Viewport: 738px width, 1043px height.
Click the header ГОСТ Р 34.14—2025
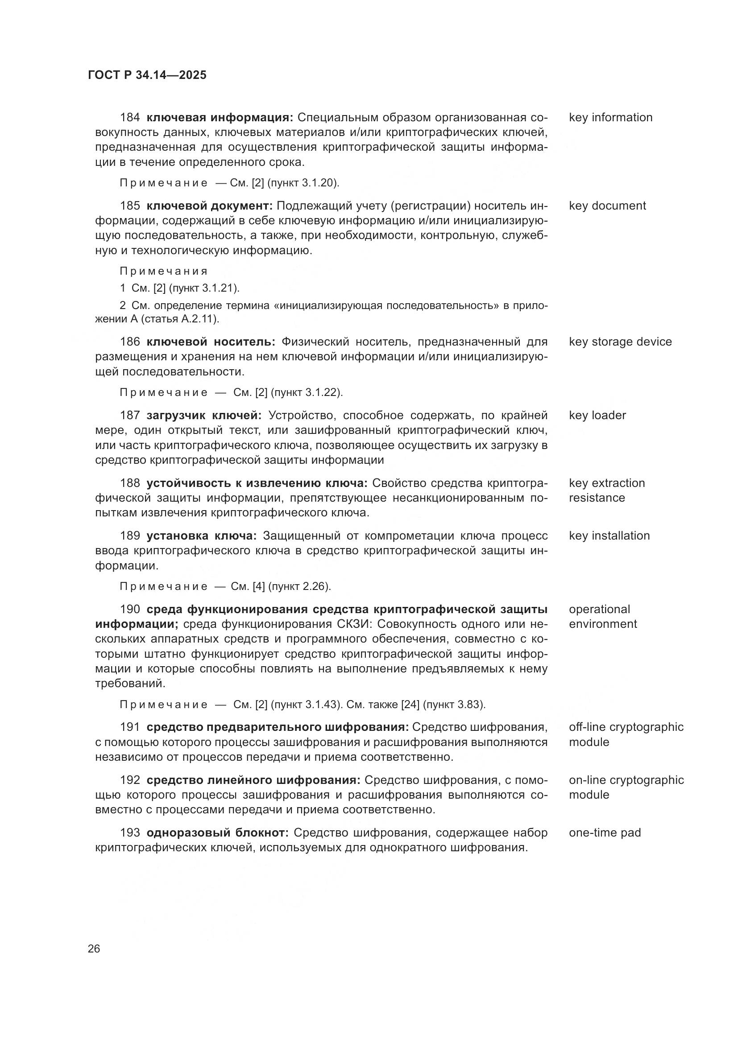pos(147,75)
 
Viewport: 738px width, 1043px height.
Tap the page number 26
pos(94,948)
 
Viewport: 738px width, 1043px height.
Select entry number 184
pos(129,117)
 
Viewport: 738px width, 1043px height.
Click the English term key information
pos(610,117)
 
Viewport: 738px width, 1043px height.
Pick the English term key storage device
pos(620,342)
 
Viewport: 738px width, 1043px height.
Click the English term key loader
pos(597,415)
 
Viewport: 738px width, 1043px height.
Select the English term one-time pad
pos(605,833)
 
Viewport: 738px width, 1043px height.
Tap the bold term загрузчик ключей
pos(204,415)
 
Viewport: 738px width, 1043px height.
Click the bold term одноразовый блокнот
pos(218,833)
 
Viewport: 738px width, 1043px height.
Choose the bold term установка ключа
pos(201,536)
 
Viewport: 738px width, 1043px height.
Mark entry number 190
pos(129,609)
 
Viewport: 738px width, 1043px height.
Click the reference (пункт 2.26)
pos(299,586)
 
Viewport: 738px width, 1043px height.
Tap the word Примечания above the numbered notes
pos(164,271)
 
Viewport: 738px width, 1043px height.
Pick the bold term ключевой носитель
pos(211,342)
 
